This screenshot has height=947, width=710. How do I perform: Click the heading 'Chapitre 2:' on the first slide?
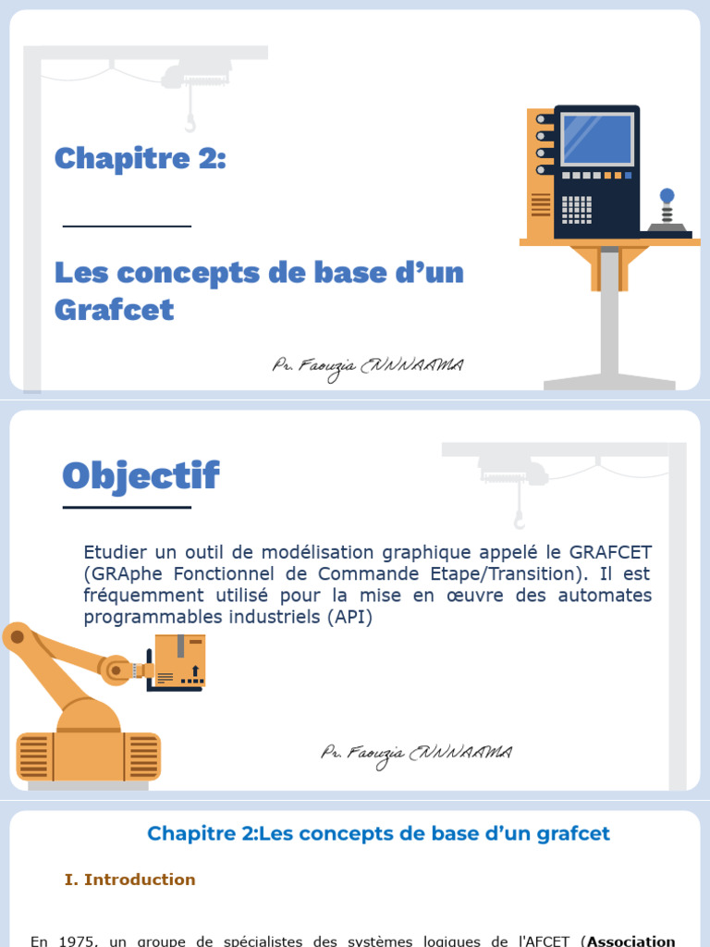(140, 159)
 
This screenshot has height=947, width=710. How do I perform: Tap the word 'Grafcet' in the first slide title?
(114, 309)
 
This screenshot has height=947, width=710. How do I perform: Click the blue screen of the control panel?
(596, 140)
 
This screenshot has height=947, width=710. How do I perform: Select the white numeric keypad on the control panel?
(577, 208)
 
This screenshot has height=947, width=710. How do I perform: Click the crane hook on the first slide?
(190, 121)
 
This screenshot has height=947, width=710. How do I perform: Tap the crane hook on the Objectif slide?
(520, 518)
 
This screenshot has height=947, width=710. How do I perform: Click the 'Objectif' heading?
(141, 475)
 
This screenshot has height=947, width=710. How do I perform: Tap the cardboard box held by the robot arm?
(179, 661)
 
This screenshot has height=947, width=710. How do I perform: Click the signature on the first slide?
(367, 367)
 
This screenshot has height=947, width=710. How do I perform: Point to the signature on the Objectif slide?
(416, 753)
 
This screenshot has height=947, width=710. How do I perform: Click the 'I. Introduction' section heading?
(130, 879)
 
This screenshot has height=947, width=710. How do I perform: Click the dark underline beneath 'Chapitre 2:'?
(127, 226)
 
